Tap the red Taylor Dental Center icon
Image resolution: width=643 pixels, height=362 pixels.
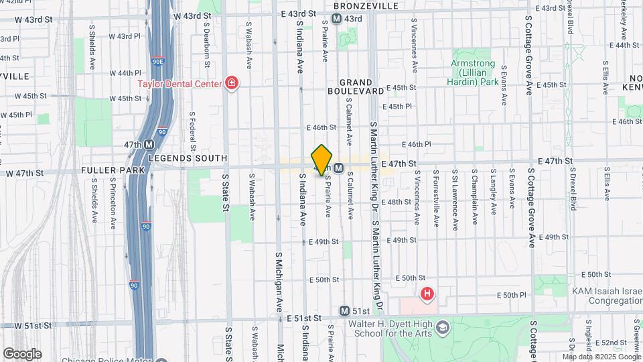232,84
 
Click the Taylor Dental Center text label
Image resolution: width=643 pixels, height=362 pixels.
180,84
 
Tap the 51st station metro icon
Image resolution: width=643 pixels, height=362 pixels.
344,311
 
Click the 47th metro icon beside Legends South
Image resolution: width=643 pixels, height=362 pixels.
149,144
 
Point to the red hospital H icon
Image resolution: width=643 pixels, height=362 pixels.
427,294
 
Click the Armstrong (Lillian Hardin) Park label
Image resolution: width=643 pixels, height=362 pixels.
473,72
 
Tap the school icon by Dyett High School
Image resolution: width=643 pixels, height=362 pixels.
442,326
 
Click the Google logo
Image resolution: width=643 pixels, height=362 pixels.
22,353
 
